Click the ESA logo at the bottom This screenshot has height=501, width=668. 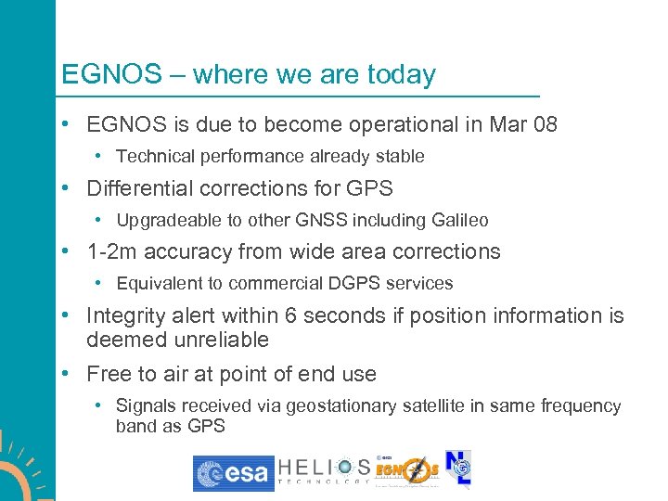point(233,473)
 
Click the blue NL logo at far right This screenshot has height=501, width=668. point(458,469)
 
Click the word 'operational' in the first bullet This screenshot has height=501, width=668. point(346,124)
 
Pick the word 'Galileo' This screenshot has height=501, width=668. point(459,221)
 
